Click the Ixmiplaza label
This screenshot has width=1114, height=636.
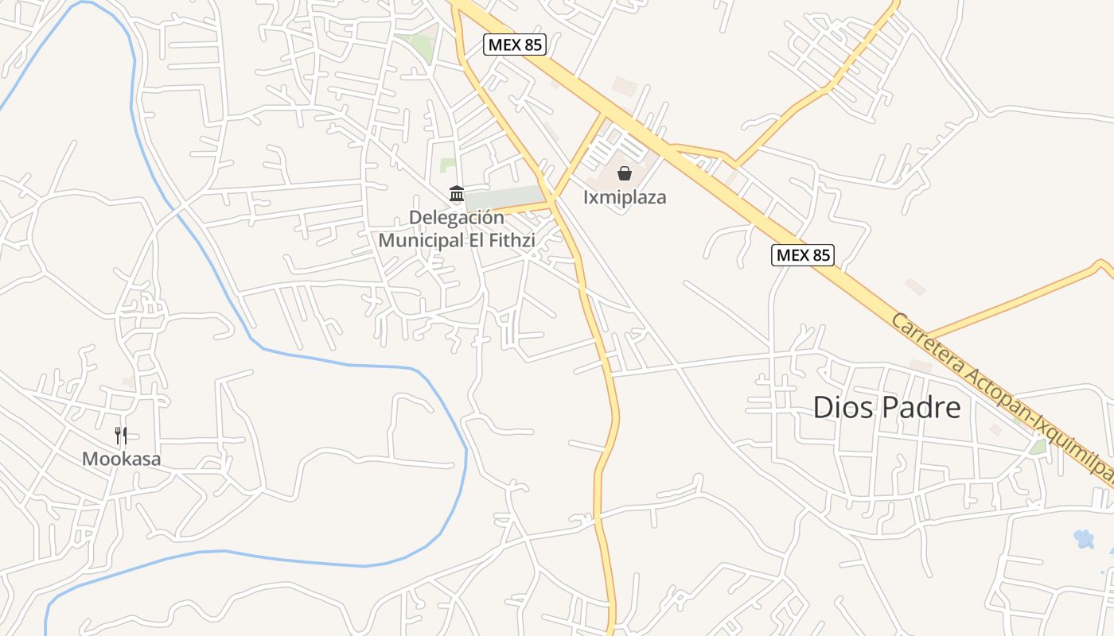(x=625, y=197)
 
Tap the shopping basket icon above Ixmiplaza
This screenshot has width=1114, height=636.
(x=625, y=173)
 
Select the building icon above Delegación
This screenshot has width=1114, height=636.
(x=457, y=193)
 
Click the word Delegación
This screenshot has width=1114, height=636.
(x=457, y=217)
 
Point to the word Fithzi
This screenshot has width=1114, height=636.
(x=510, y=239)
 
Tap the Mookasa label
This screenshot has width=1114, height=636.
(x=122, y=459)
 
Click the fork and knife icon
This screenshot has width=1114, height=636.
(x=121, y=435)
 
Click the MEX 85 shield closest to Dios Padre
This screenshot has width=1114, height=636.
(x=802, y=255)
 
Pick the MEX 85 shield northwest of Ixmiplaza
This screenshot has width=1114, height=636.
(x=515, y=45)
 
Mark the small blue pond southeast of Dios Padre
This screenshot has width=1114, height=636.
(x=1083, y=539)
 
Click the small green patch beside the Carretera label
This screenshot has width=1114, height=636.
(x=1038, y=447)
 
